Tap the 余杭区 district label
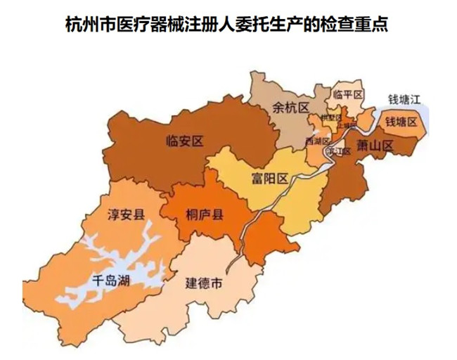point(290,108)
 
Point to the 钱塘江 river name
point(404,98)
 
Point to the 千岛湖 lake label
point(111,281)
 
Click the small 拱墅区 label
point(328,117)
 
